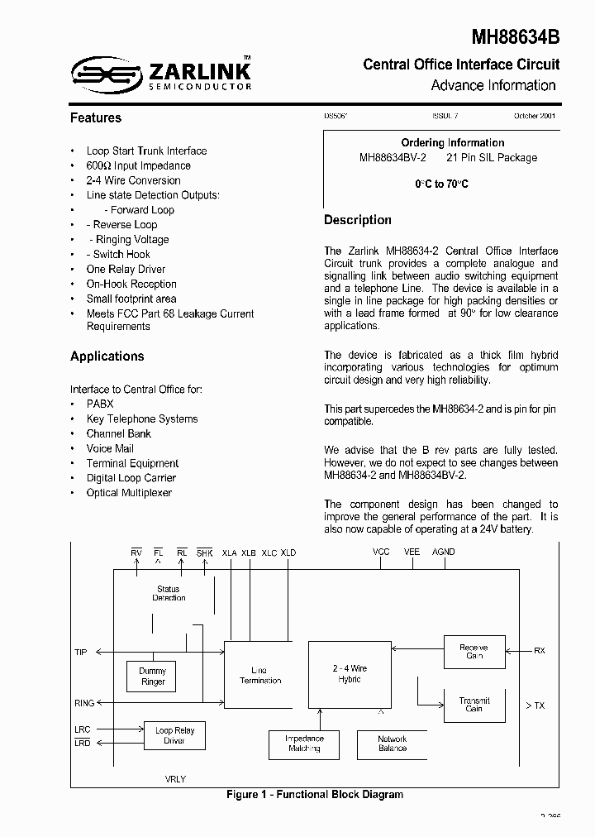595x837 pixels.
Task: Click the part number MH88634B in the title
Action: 516,37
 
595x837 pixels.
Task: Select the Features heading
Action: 96,118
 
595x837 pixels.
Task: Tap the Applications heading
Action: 107,356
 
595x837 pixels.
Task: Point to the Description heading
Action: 358,220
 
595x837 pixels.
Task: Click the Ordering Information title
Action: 453,143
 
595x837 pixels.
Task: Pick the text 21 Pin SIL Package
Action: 492,157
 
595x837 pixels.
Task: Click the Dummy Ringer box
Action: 153,677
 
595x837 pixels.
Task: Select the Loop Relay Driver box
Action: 174,735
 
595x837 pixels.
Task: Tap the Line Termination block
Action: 260,675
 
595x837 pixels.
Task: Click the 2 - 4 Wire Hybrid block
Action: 350,673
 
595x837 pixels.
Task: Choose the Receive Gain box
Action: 474,651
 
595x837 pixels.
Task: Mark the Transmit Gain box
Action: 474,705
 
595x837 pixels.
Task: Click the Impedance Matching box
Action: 304,744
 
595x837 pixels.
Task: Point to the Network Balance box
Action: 393,744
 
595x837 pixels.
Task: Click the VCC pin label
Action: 381,552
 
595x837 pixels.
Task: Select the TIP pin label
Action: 81,653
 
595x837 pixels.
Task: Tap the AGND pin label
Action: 444,552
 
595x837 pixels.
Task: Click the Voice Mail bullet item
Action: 110,448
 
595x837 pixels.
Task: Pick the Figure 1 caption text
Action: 315,795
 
